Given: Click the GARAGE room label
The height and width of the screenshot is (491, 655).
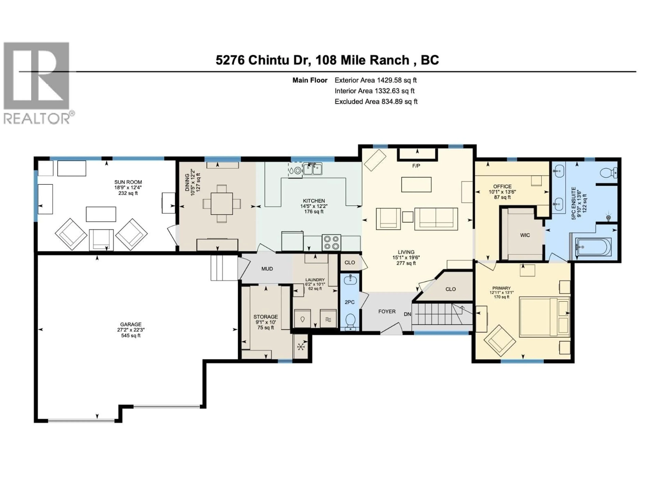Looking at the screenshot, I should click(x=131, y=324).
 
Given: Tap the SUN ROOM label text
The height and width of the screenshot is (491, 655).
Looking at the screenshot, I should click(x=128, y=182).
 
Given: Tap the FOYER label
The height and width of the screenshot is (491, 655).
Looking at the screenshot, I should click(x=387, y=311).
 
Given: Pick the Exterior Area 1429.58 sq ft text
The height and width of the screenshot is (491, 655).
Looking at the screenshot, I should click(x=375, y=80).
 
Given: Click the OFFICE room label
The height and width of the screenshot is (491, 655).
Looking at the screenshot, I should click(x=502, y=187).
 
